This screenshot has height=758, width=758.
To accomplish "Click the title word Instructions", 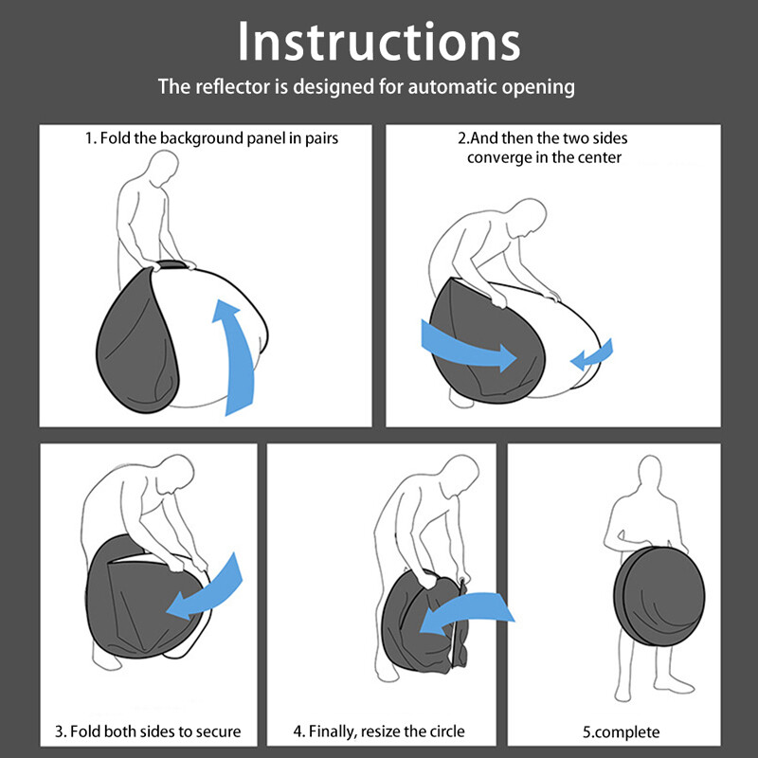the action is click(379, 42).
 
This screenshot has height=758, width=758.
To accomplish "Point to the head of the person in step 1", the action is click(163, 168).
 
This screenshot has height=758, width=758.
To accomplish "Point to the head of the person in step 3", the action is click(175, 475).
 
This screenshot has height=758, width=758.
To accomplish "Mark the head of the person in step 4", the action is click(460, 475).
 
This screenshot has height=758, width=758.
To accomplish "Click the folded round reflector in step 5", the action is click(659, 596).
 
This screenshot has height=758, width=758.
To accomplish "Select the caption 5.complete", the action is click(621, 731).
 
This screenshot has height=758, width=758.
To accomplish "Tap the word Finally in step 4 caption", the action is click(331, 731).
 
